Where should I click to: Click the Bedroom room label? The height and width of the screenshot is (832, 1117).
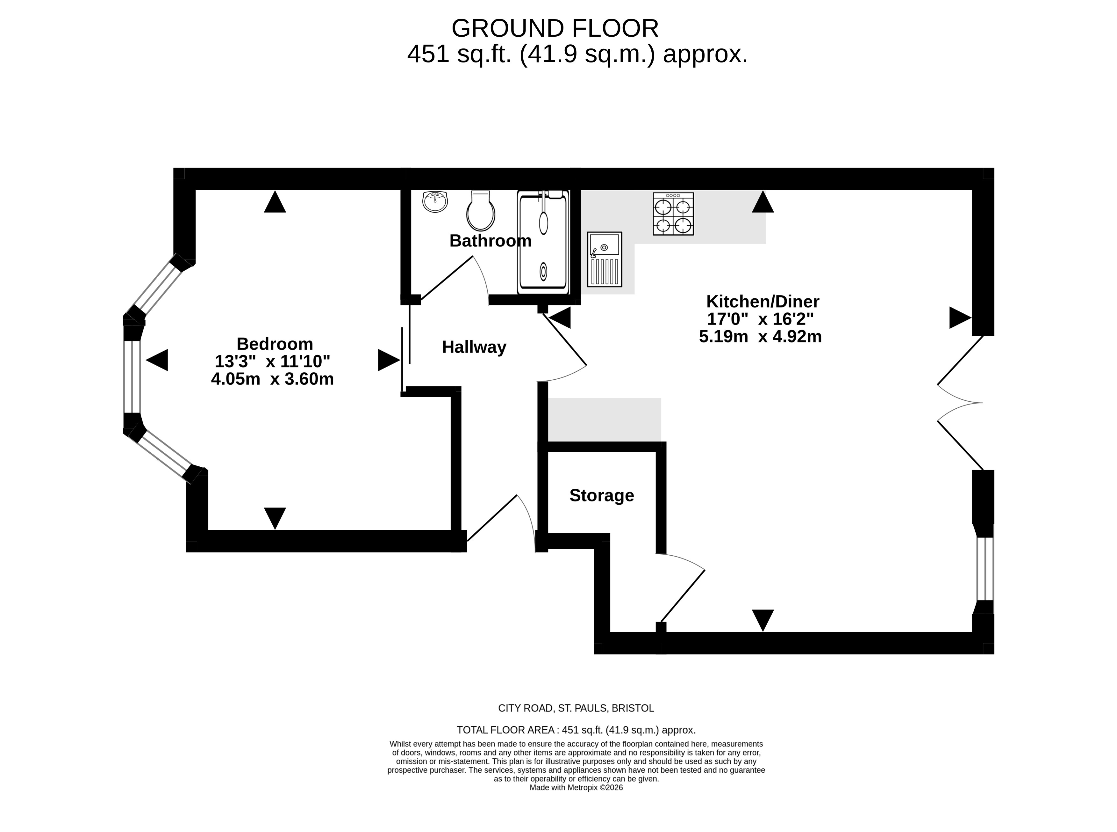pos(275,344)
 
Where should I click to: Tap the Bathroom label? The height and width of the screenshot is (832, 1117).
pos(490,241)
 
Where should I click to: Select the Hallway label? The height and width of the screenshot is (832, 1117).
pos(474,347)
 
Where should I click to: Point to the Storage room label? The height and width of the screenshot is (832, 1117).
pos(601,496)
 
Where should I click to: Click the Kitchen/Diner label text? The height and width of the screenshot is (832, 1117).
pos(763,302)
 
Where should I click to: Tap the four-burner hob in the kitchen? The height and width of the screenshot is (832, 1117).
pos(673,214)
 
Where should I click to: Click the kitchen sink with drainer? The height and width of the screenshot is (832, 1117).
pos(604,259)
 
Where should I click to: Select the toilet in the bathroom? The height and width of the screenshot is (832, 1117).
pos(481,210)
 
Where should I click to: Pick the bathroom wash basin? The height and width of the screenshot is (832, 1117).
pos(435,201)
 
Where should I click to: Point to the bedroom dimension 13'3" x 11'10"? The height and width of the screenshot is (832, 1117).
pos(272,361)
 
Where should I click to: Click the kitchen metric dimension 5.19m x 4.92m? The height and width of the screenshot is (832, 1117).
pos(760,336)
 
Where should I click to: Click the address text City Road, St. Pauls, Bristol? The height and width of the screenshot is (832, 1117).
pos(576,708)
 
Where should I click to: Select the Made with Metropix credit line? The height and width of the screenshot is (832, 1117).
pos(576,788)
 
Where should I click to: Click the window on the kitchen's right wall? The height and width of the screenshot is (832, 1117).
pos(985,569)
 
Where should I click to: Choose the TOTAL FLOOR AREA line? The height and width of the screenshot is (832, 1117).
pos(576,730)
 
